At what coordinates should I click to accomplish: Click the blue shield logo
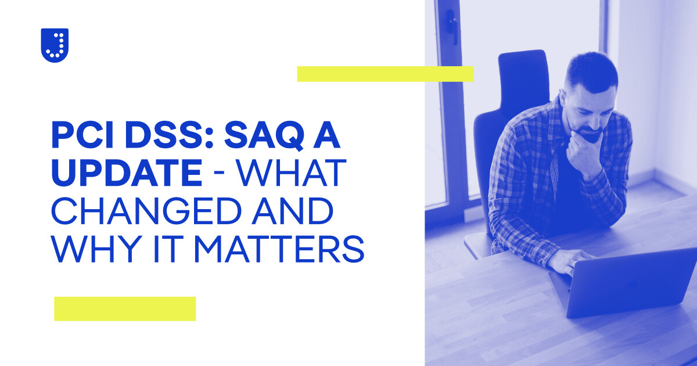coord(55,45)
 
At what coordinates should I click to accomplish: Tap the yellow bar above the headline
coord(385,74)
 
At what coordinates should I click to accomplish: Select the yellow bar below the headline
coord(125,308)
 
